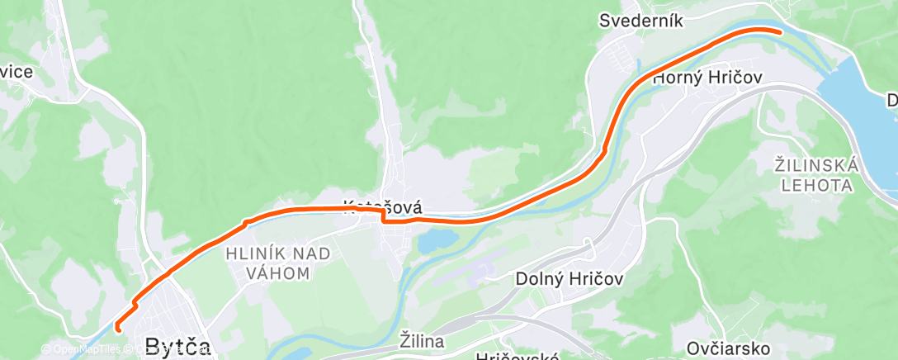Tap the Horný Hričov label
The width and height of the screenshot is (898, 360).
pos(707,78)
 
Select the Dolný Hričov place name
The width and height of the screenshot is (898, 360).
pos(570,279)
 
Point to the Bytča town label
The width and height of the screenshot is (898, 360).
pos(177,345)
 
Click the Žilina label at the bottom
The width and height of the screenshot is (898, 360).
pos(422,340)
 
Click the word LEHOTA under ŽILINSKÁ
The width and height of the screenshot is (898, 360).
pos(818,186)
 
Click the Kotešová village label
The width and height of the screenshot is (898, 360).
pos(382,207)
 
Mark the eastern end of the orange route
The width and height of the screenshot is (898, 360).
pos(779,31)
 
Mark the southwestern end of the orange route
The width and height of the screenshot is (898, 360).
pos(117,329)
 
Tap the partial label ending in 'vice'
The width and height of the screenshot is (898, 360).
pos(17,72)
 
